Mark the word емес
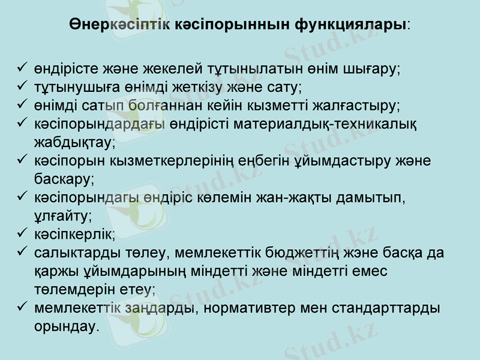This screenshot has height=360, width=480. point(367,271)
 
